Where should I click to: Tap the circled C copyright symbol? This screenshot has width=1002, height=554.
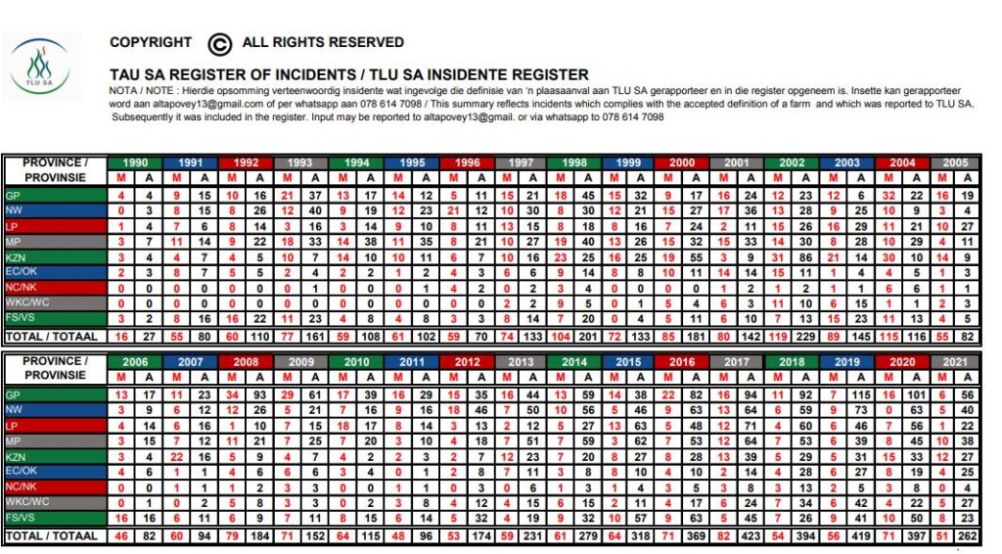click(220, 43)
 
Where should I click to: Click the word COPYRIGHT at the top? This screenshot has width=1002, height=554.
click(151, 42)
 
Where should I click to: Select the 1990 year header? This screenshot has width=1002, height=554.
click(135, 163)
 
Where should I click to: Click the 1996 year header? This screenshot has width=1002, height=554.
click(468, 163)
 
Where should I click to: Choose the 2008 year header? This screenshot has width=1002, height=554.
click(245, 362)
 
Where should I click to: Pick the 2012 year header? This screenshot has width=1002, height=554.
click(468, 362)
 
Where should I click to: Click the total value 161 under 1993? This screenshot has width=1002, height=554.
click(315, 337)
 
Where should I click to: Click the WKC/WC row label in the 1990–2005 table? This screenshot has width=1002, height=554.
click(26, 304)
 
